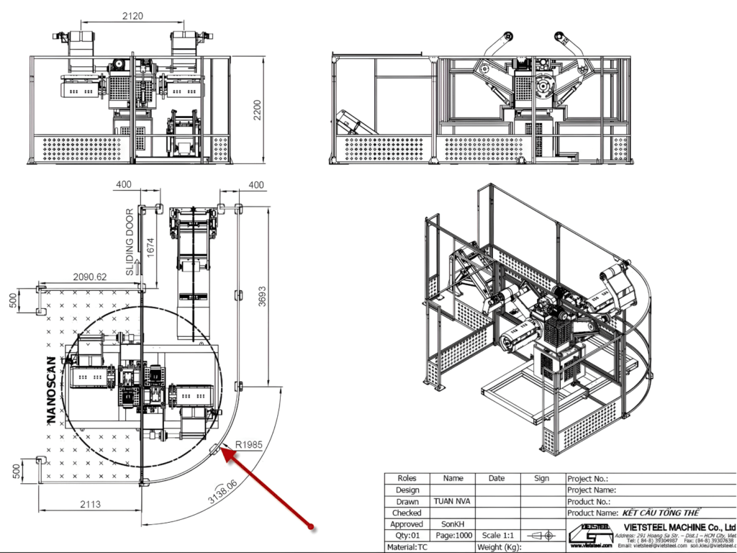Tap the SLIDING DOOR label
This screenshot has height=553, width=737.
click(130, 243)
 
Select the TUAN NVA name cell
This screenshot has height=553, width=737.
click(453, 501)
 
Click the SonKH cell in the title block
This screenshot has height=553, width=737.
click(453, 524)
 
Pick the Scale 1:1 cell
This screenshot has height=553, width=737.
click(497, 536)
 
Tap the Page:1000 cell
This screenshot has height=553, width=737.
click(453, 536)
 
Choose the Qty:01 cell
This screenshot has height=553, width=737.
click(407, 536)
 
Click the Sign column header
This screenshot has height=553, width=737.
click(541, 478)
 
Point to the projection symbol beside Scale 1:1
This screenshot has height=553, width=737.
click(541, 536)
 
